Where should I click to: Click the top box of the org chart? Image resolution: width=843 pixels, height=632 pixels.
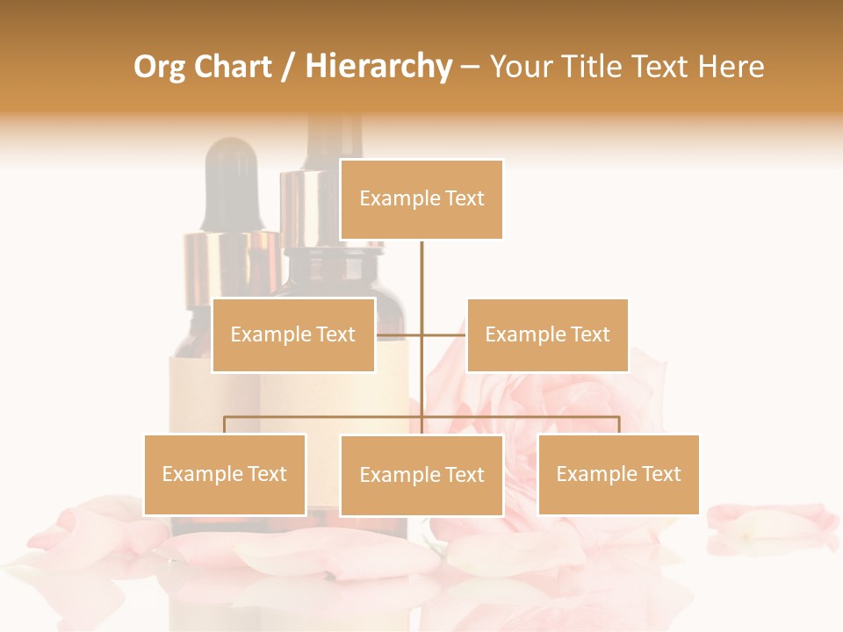click(421, 199)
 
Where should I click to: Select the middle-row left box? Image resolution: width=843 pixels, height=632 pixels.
click(293, 334)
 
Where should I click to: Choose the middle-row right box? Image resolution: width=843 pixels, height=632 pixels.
click(547, 334)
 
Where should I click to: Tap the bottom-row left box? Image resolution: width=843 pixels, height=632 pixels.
click(225, 474)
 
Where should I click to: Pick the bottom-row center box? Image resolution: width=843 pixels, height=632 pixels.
click(421, 475)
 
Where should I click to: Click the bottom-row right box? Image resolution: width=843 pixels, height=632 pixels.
click(618, 474)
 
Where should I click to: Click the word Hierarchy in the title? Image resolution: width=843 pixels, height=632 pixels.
click(378, 67)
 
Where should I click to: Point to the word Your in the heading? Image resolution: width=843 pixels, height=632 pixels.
click(521, 67)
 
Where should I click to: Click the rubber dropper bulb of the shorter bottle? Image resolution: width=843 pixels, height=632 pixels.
click(231, 180)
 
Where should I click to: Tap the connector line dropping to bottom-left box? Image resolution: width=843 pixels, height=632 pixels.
click(225, 425)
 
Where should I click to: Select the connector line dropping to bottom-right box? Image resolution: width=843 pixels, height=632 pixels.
click(619, 425)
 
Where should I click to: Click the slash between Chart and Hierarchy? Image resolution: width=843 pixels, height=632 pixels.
click(287, 67)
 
